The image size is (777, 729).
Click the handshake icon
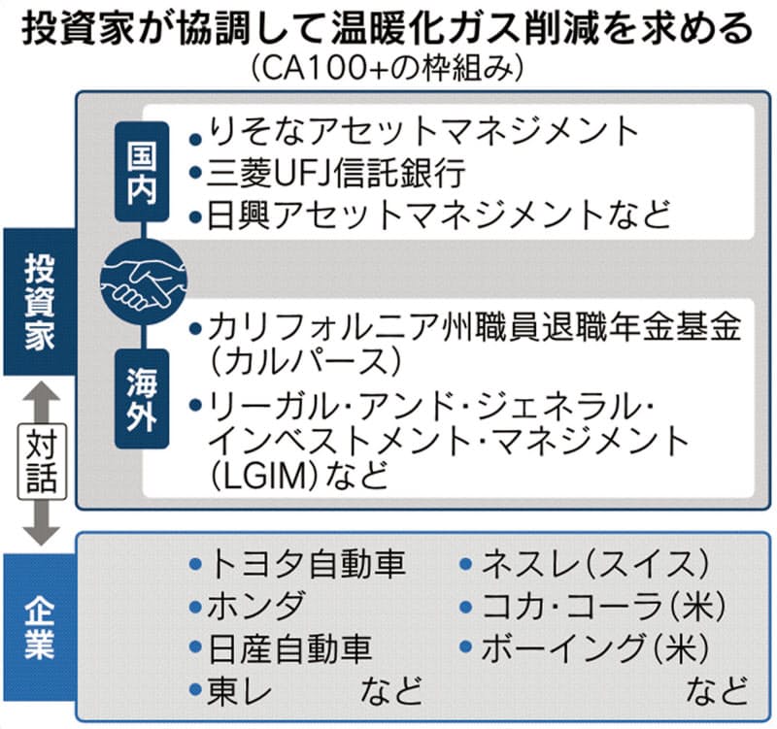pos(143,282)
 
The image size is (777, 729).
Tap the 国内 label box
pos(142,172)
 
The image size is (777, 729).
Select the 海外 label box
pos(142,399)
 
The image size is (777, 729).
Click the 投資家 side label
pos(40,302)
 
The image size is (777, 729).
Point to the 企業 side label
pos(40,629)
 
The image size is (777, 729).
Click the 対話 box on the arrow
pos(42,461)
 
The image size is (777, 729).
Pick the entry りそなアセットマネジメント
pos(423,132)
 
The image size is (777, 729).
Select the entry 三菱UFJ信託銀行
pos(336,174)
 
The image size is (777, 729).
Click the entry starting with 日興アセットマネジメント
pos(439,215)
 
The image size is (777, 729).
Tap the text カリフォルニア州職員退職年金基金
pos(475,327)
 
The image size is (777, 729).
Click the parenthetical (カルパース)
pos(306,361)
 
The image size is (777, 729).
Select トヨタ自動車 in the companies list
pos(307,564)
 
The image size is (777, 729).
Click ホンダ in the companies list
pos(256,606)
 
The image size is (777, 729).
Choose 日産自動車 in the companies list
pos(290,648)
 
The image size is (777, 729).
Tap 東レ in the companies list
pos(240,690)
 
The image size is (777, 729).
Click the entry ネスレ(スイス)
pos(594,564)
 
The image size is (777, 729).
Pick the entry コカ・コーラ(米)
pos(603,606)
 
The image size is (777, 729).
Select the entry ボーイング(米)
pos(595,648)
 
